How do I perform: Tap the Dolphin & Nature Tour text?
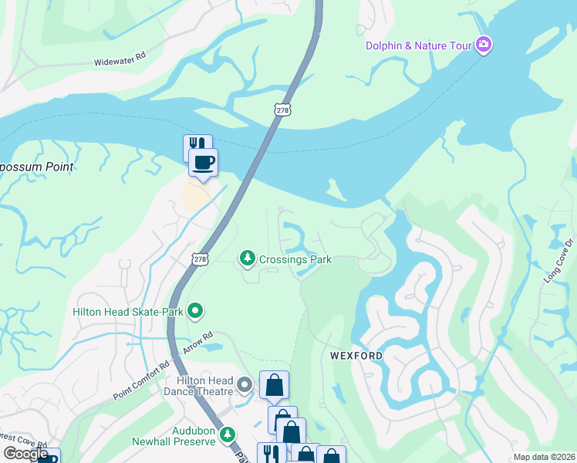click(418, 46)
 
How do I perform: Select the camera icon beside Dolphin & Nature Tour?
click(484, 45)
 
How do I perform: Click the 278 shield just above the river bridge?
click(282, 110)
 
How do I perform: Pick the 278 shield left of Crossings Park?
click(201, 259)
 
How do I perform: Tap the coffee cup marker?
click(204, 163)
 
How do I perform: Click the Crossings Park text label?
click(296, 259)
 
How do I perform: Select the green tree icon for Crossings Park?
click(247, 259)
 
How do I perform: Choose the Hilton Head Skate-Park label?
click(128, 312)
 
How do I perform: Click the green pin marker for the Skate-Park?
click(195, 311)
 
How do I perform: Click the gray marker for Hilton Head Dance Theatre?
click(245, 384)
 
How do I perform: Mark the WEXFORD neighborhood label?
click(356, 356)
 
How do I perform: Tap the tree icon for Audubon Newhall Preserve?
click(227, 434)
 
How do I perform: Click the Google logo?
click(25, 454)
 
